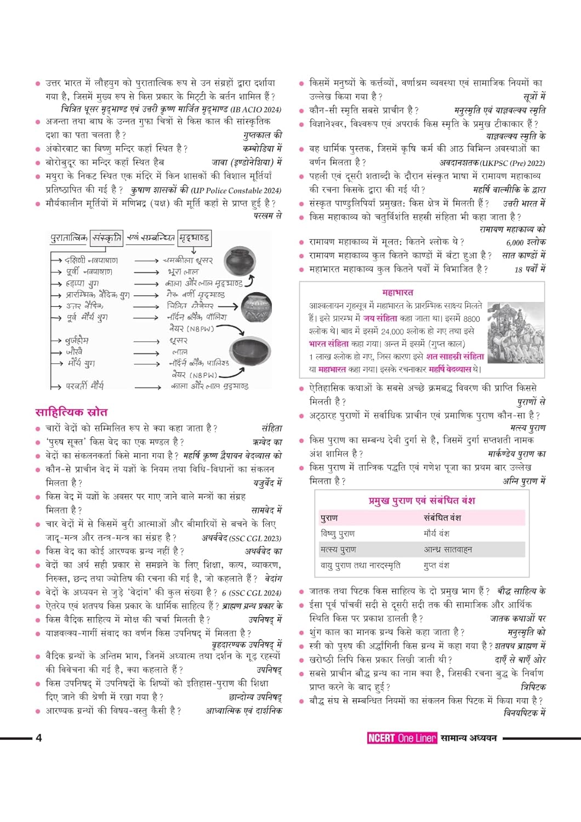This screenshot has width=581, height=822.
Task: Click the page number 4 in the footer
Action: pyautogui.click(x=38, y=738)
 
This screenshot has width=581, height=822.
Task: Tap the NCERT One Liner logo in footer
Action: pyautogui.click(x=402, y=738)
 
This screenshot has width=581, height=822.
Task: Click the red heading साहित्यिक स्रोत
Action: pyautogui.click(x=71, y=412)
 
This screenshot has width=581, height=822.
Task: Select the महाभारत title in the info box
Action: pyautogui.click(x=397, y=293)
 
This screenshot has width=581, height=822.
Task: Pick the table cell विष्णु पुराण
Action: pyautogui.click(x=338, y=533)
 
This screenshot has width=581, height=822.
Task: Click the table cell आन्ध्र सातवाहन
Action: pyautogui.click(x=447, y=549)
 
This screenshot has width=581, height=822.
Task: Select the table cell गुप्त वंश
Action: pyautogui.click(x=436, y=565)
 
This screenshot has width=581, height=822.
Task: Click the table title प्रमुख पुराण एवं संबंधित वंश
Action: pyautogui.click(x=421, y=500)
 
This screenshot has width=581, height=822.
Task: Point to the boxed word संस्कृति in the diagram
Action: pyautogui.click(x=107, y=238)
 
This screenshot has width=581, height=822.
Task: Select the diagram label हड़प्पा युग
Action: pyautogui.click(x=82, y=283)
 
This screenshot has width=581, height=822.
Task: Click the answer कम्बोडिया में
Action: pyautogui.click(x=262, y=149)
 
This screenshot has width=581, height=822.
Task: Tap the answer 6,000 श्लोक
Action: pyautogui.click(x=526, y=242)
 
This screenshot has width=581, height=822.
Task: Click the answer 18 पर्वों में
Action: pyautogui.click(x=529, y=269)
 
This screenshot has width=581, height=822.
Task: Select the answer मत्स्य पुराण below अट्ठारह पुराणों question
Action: pyautogui.click(x=527, y=428)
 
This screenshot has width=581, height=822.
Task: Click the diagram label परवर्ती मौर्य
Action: pyautogui.click(x=84, y=386)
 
